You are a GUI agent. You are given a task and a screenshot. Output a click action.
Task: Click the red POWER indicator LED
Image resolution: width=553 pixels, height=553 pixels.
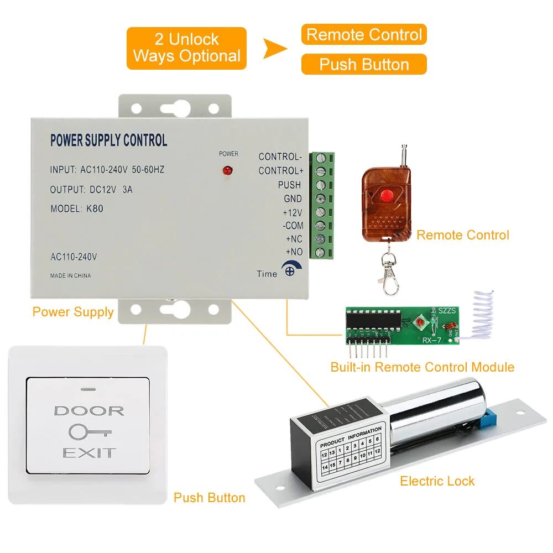click(x=226, y=170)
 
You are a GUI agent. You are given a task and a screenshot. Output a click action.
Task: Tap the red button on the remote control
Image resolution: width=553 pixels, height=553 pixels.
click(x=387, y=195)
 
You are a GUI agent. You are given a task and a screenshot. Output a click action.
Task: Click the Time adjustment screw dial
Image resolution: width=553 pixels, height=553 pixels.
click(x=289, y=270)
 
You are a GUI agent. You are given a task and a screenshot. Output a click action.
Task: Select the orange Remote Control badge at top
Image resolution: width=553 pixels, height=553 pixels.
click(x=364, y=35)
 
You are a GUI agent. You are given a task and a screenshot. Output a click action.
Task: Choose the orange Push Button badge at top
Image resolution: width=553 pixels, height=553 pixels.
click(x=364, y=64)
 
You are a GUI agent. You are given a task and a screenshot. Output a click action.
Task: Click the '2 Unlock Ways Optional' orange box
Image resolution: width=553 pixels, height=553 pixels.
click(x=186, y=48)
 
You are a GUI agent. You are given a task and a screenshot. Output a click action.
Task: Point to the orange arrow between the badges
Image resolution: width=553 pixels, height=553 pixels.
click(x=274, y=49)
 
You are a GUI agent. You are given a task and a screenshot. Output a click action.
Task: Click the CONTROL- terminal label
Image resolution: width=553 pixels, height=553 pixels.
click(x=280, y=156)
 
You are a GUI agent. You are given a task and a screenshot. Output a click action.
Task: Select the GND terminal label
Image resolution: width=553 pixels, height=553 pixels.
click(x=293, y=199)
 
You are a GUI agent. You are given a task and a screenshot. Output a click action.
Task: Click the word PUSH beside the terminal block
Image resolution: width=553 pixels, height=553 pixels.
click(x=289, y=185)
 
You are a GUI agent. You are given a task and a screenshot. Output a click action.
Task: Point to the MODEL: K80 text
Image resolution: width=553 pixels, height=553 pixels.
click(x=76, y=209)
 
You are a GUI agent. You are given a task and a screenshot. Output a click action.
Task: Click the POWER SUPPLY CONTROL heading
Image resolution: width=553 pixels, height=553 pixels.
click(x=108, y=140)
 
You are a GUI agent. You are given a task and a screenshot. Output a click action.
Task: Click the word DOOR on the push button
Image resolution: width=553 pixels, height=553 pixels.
click(x=89, y=411)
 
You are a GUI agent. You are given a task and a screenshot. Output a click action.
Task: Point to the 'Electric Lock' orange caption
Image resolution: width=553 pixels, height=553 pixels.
click(x=437, y=481)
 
